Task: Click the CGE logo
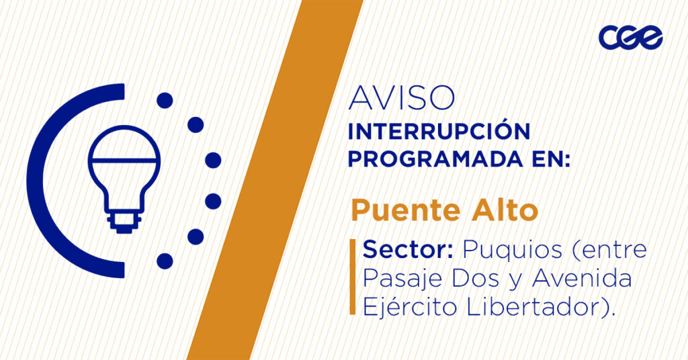click(x=631, y=37)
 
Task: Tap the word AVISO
click(x=402, y=98)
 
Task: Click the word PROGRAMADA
click(x=435, y=159)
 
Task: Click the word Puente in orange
click(x=406, y=210)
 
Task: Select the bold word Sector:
click(x=408, y=250)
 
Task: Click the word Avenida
click(x=582, y=279)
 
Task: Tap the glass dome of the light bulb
click(x=124, y=143)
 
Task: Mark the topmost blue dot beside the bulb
click(x=165, y=101)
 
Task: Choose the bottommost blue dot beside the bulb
click(x=165, y=261)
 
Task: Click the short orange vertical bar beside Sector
click(x=352, y=277)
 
